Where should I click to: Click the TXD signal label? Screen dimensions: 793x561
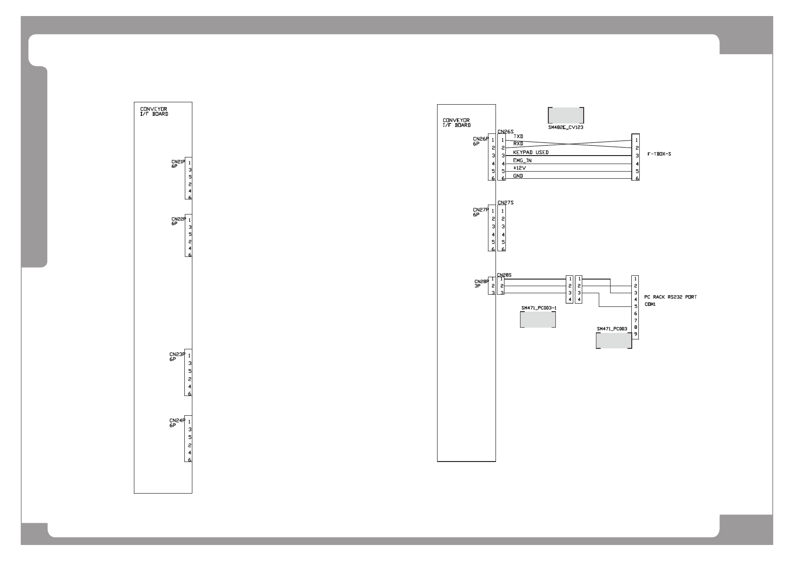pos(518,137)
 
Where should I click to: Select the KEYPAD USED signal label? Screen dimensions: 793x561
pos(530,153)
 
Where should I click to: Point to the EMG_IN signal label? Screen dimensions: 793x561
pos(522,160)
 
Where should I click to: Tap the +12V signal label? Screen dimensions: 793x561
pos(520,168)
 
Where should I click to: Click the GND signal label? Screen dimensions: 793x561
pos(518,176)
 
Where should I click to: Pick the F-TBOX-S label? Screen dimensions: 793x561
pos(659,154)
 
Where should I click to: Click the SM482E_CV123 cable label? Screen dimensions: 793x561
pos(566,127)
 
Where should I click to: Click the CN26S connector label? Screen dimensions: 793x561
pos(505,132)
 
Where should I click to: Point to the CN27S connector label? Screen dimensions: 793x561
pos(505,202)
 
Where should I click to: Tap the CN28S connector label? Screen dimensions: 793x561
pos(504,274)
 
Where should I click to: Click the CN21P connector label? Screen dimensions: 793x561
pos(178,162)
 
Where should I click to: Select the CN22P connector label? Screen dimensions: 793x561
pos(178,219)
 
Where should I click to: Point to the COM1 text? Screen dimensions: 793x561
pos(650,305)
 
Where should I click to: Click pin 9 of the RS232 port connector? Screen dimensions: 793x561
pos(636,334)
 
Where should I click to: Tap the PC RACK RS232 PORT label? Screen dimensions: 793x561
pos(670,297)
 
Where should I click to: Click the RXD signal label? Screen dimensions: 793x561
pos(518,144)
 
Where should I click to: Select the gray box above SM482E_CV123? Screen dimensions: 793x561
pos(566,115)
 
